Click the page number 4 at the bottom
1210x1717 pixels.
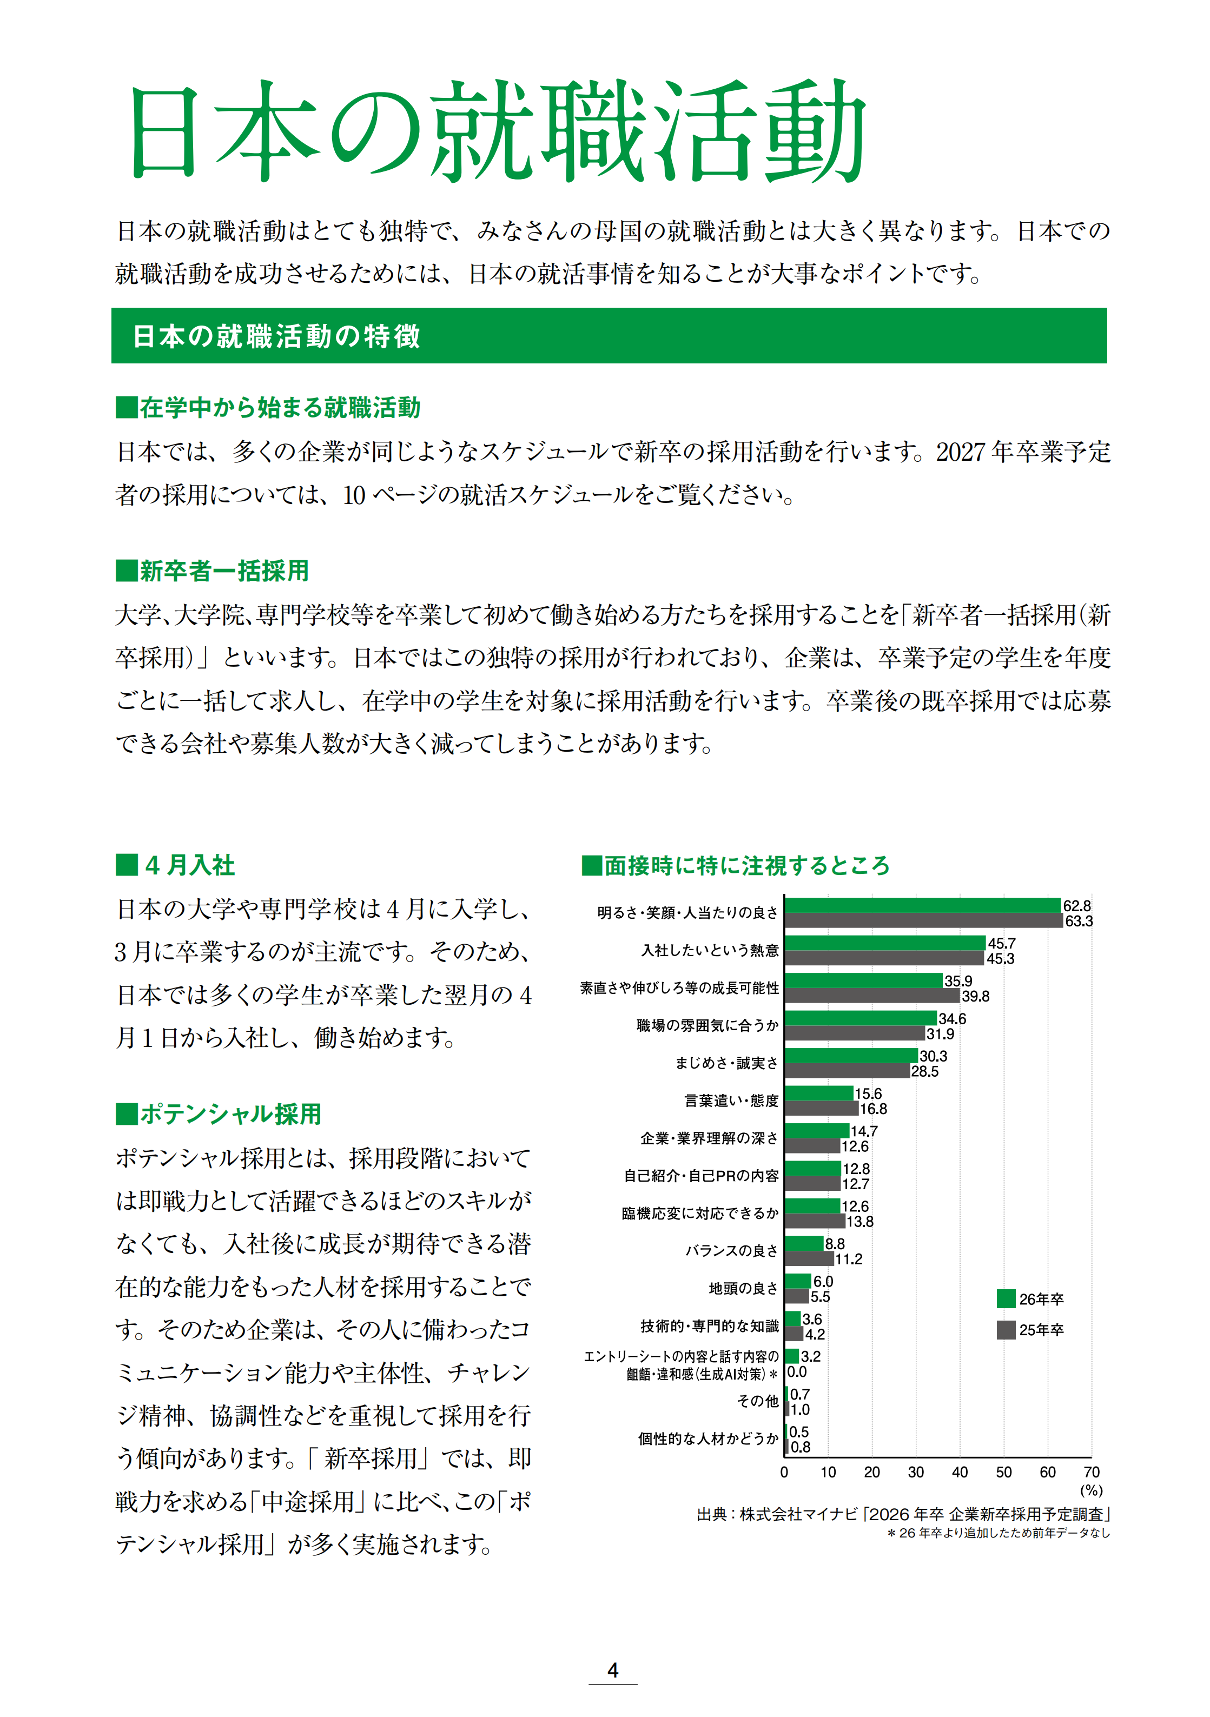(x=612, y=1670)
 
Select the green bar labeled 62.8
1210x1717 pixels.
(x=923, y=906)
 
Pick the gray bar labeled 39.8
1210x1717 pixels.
(x=872, y=996)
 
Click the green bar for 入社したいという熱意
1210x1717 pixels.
(x=885, y=943)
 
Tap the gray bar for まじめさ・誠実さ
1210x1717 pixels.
(x=847, y=1071)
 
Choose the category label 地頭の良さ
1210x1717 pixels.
(x=743, y=1288)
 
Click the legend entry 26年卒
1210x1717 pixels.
(x=1030, y=1299)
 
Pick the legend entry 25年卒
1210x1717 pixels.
(x=1030, y=1330)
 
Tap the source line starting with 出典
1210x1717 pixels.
(x=903, y=1514)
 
